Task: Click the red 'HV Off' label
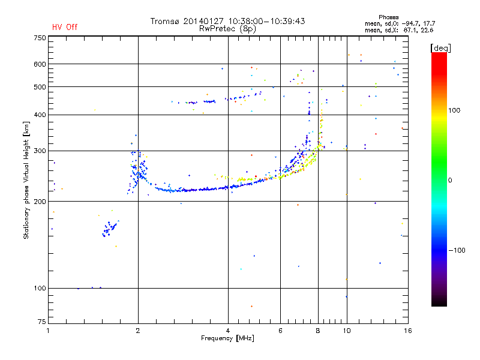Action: click(x=65, y=27)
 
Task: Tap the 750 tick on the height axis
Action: click(x=40, y=37)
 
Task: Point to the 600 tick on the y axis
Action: click(x=40, y=64)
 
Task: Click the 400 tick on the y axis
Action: click(x=40, y=115)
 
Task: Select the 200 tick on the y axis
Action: click(x=40, y=202)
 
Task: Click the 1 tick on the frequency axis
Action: click(x=49, y=331)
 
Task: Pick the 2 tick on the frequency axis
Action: click(x=138, y=331)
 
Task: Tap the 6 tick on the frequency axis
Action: click(x=280, y=331)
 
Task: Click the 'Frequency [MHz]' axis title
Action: click(x=227, y=339)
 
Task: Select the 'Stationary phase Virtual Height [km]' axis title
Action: click(x=26, y=180)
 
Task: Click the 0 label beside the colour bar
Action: click(x=451, y=180)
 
